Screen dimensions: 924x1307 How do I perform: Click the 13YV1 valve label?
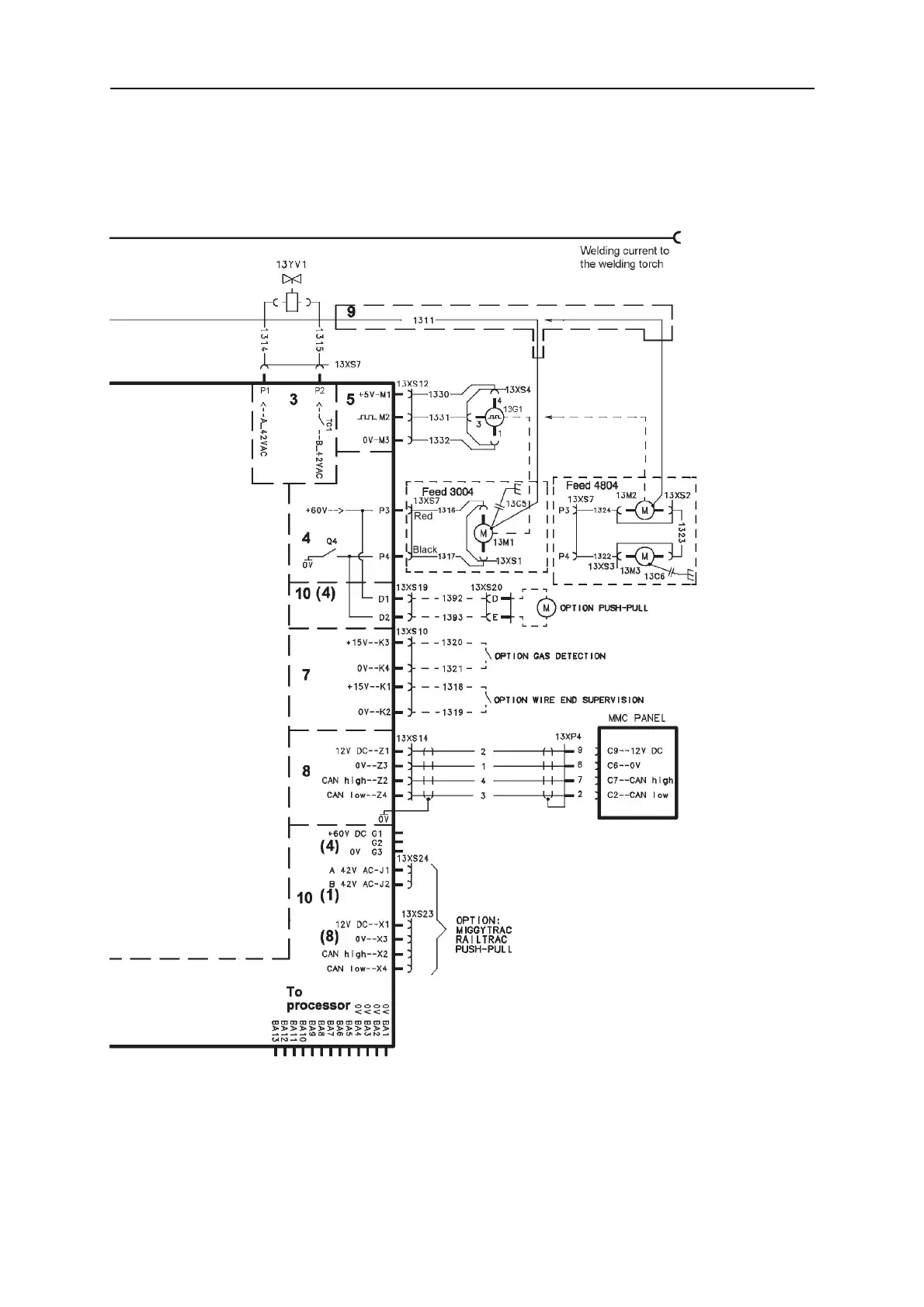(292, 265)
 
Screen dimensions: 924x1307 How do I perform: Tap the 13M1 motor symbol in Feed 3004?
(483, 533)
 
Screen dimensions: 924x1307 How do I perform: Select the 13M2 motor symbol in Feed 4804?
(644, 510)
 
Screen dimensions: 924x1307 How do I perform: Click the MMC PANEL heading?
(637, 718)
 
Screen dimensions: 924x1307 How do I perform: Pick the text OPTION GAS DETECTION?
(550, 656)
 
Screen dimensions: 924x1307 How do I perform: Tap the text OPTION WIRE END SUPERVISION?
(568, 700)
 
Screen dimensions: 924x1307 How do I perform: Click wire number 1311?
(424, 320)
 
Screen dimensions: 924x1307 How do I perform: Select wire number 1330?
(439, 394)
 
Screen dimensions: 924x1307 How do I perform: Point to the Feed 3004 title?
(447, 491)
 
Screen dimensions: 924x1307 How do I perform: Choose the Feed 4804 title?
(592, 485)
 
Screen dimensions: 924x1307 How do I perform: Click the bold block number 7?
(306, 675)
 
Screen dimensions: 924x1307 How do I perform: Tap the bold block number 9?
(351, 312)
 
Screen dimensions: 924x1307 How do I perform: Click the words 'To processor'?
(317, 999)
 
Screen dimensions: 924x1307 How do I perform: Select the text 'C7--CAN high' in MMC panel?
(640, 780)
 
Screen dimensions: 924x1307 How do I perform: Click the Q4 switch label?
(332, 541)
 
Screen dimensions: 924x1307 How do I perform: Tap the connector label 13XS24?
(412, 859)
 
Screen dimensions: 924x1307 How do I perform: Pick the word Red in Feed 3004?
(423, 516)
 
